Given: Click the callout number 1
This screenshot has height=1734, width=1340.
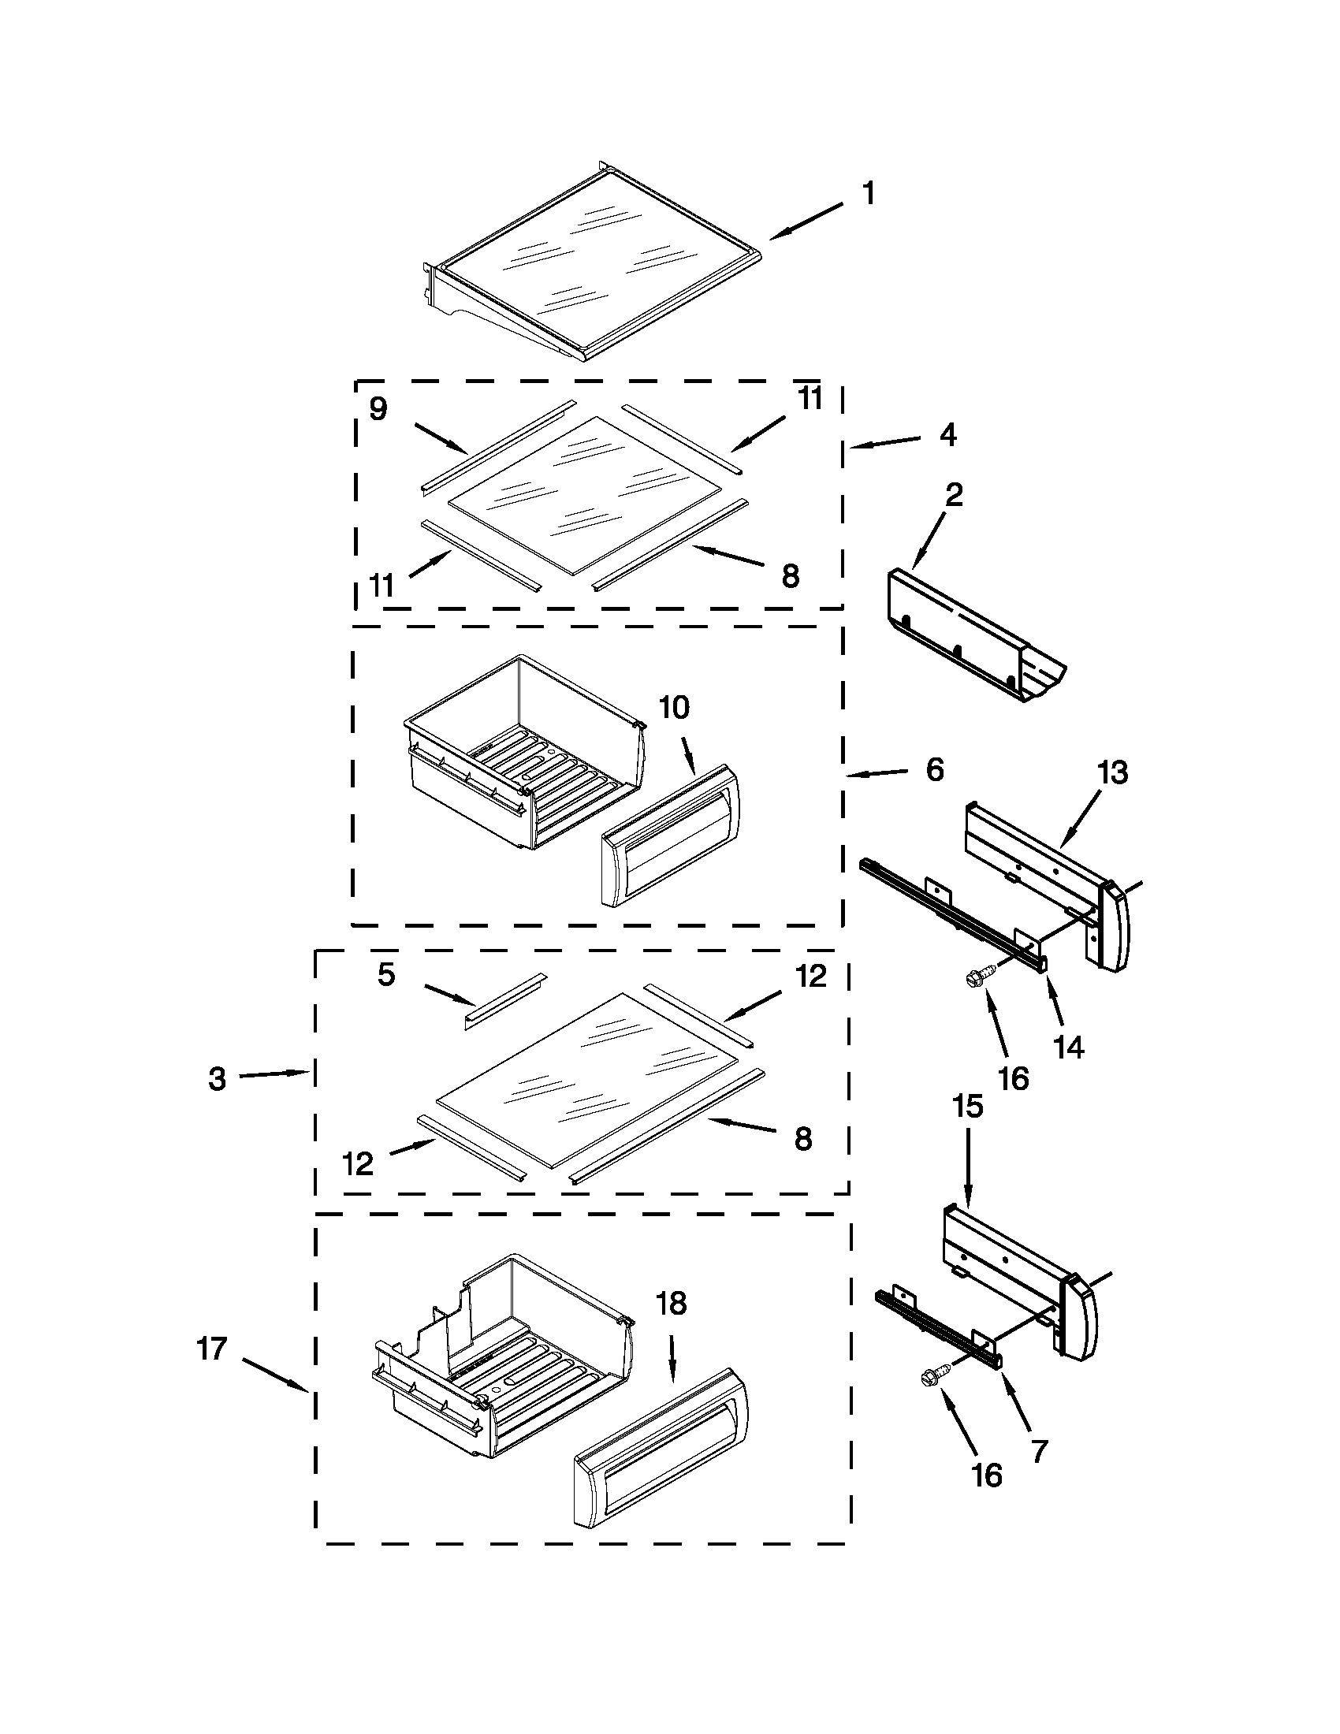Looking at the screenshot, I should (x=869, y=193).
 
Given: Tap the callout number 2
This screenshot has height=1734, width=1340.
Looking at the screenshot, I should (x=955, y=496).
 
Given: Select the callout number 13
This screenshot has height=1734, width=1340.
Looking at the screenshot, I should (x=1112, y=772).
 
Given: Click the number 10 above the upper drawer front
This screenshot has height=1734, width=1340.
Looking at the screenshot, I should (x=674, y=708).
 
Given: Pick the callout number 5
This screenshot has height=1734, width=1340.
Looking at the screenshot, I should (x=385, y=975).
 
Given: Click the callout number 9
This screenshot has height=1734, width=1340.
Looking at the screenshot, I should (x=378, y=409).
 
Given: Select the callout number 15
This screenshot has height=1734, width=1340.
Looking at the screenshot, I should (x=968, y=1106).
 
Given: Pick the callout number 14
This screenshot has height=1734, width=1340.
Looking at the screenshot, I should (x=1069, y=1047).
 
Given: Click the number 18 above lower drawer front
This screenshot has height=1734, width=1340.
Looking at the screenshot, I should (x=672, y=1304).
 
